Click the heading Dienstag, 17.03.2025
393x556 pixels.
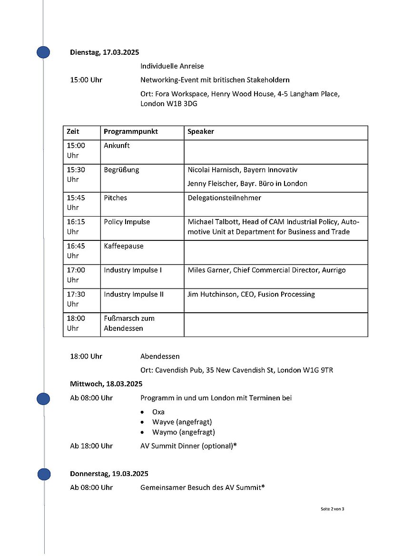[104, 52]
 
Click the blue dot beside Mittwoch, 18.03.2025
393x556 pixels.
[43, 399]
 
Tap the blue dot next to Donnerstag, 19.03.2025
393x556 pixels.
[44, 474]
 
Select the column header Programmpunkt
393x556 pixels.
[131, 131]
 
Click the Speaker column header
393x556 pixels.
[201, 131]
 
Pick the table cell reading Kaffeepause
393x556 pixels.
[124, 246]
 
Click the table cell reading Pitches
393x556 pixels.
[116, 198]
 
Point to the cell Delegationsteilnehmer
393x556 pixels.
[225, 198]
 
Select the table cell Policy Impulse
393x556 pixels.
[127, 222]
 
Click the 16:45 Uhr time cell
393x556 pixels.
[76, 251]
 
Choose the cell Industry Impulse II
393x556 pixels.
[134, 294]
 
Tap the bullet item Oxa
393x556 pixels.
[158, 412]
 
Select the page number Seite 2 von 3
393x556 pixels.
[333, 509]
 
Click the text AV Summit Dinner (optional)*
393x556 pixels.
[189, 446]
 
